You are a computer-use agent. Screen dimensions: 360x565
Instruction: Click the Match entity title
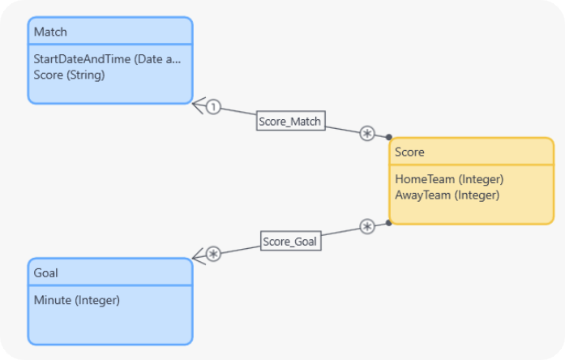coord(50,32)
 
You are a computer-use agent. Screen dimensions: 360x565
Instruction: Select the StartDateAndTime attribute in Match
coord(107,59)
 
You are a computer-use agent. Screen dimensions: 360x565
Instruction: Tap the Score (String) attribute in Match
coord(69,74)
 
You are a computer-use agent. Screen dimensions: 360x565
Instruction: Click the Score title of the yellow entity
coord(409,152)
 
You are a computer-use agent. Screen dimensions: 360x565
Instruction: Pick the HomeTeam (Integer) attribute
coord(449,179)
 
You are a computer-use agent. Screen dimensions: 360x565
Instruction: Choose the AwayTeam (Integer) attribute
coord(447,195)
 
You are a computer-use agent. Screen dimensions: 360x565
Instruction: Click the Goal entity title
coord(46,272)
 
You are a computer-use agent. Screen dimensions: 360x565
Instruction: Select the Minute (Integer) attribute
coord(76,300)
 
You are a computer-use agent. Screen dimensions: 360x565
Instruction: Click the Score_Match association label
coord(290,122)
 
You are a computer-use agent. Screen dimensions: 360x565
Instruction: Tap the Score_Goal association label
coord(290,241)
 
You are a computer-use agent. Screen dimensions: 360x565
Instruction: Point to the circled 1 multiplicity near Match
coord(212,106)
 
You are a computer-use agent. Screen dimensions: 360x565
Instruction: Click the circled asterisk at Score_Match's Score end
coord(367,133)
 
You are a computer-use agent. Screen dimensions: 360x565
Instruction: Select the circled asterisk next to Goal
coord(213,254)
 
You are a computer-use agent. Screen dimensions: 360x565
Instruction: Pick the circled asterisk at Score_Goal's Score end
coord(367,227)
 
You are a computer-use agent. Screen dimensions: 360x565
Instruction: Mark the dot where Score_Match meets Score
coord(389,137)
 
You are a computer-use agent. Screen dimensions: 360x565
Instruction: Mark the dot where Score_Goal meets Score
coord(389,223)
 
